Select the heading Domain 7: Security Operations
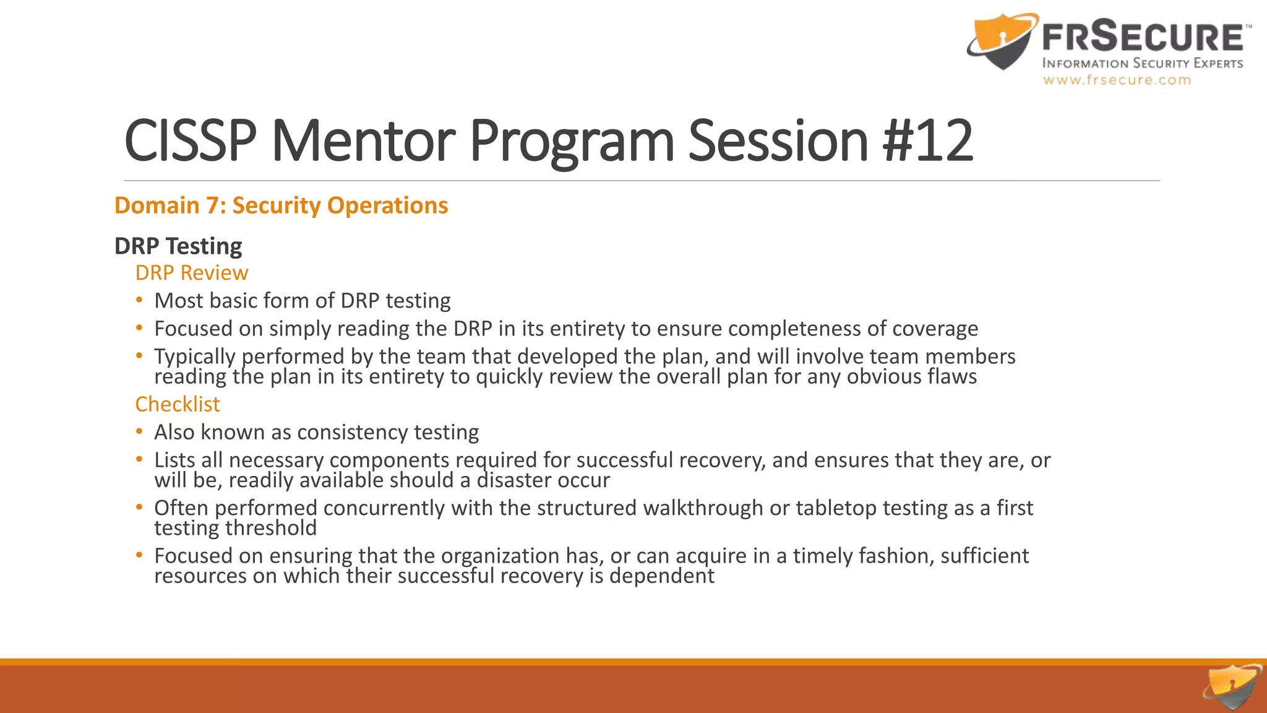[x=281, y=205]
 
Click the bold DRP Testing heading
[x=178, y=246]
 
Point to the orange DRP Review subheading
[x=192, y=273]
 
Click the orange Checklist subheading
[x=178, y=404]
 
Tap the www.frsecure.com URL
[x=1117, y=80]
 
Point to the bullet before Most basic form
[x=140, y=300]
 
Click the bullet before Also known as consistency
[x=140, y=431]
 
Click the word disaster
[x=513, y=480]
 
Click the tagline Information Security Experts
[x=1142, y=63]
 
